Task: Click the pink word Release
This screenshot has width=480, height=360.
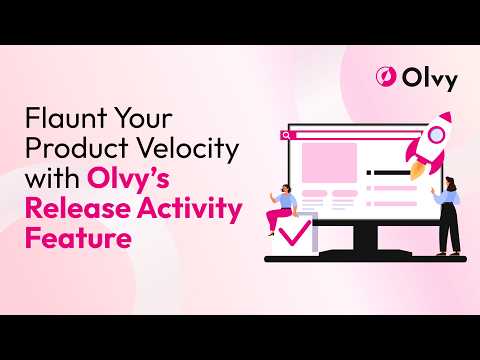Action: tap(78, 208)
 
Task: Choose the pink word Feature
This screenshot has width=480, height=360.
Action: tap(78, 238)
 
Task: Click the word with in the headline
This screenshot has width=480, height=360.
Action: tap(52, 178)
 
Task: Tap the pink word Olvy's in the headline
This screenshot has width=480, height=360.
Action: tap(128, 179)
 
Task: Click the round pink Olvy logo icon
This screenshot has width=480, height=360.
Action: tap(386, 77)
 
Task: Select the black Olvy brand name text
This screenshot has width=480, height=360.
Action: tap(429, 79)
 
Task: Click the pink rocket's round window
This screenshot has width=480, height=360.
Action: tap(436, 134)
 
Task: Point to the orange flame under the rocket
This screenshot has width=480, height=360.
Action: tap(417, 170)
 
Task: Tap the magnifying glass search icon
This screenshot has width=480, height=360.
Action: tap(286, 135)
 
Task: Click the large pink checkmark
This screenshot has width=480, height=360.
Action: tap(295, 233)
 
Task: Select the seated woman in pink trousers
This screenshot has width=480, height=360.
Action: tap(282, 209)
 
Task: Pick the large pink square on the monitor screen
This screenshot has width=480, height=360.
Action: tap(329, 163)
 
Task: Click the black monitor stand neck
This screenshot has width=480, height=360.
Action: tap(366, 238)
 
